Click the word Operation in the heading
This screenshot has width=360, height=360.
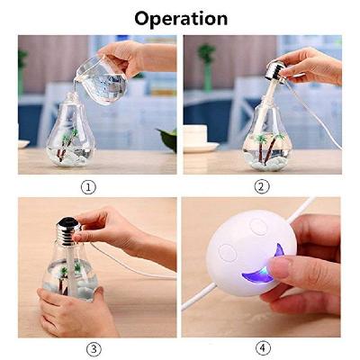(180, 18)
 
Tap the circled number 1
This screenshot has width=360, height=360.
(88, 187)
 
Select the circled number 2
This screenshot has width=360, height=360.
(262, 187)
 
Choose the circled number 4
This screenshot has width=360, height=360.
(262, 348)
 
